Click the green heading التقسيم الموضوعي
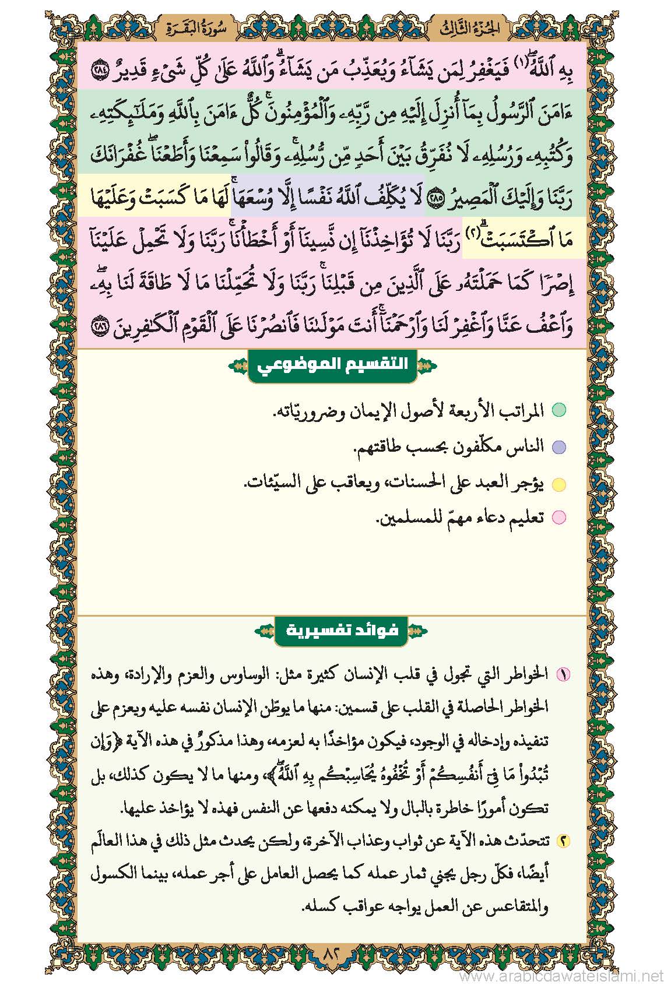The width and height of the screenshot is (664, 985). tap(333, 365)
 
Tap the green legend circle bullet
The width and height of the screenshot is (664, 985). tap(558, 410)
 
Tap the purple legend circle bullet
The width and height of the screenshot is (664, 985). tap(558, 447)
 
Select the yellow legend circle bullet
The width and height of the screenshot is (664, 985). tap(558, 483)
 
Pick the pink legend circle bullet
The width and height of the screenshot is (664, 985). tap(558, 518)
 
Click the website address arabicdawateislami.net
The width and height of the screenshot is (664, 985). tap(559, 975)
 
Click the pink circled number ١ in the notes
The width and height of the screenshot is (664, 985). tap(563, 675)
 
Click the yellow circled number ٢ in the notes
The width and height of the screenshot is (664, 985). tap(563, 842)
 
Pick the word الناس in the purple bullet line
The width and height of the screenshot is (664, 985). tap(527, 446)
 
